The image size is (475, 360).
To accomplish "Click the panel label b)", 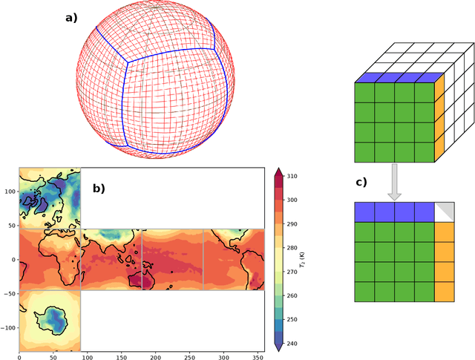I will pos(99,188).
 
